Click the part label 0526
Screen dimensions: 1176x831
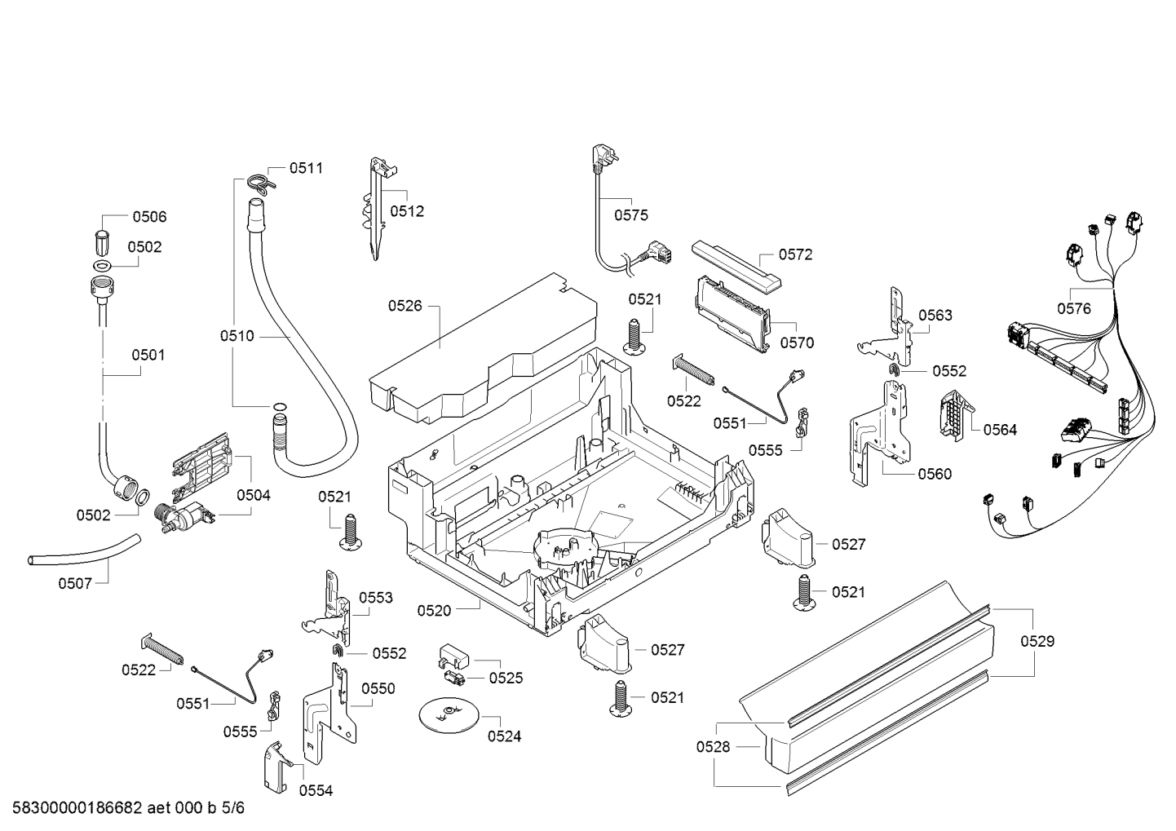coord(405,306)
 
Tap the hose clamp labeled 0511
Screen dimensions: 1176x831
coord(260,185)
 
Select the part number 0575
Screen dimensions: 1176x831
coord(631,214)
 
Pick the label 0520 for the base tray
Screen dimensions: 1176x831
coord(434,611)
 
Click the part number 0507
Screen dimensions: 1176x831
coord(75,583)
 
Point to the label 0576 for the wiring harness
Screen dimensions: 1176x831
coord(1074,308)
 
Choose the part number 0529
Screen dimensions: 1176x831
coord(1037,641)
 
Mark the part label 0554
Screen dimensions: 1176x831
coord(316,790)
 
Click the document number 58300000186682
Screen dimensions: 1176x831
coord(77,807)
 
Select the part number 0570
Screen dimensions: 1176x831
coord(797,343)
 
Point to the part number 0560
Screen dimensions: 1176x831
coord(935,474)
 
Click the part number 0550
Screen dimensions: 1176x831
coord(378,688)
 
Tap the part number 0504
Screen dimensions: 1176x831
coord(254,495)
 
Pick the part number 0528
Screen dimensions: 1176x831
coord(713,746)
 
